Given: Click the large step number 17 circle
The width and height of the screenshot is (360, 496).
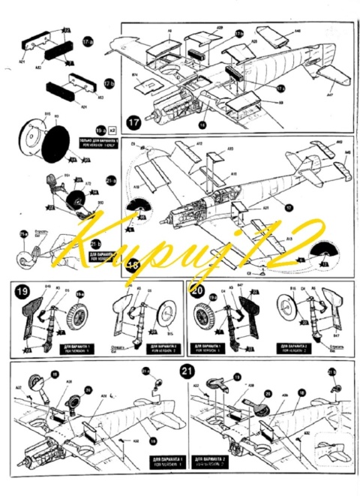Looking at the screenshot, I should [133, 121].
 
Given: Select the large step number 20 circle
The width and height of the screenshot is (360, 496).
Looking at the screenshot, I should [196, 291].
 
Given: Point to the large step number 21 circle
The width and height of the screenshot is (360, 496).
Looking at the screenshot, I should [186, 371].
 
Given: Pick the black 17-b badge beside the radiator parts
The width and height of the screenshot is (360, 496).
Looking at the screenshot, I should [239, 34].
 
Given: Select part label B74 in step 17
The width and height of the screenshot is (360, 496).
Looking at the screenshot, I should [135, 76].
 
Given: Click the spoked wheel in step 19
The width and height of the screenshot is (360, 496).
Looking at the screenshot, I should [74, 317].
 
